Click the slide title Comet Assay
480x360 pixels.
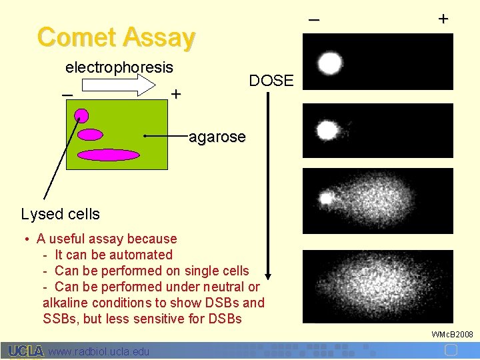coord(117,37)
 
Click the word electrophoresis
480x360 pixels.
coord(119,67)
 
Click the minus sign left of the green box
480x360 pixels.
coord(67,95)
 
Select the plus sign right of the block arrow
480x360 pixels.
coord(175,95)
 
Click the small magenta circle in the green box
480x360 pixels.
coord(81,115)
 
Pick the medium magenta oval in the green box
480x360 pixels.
coord(90,134)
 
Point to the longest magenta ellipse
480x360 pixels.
coord(108,155)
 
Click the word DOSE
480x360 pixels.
coord(271,81)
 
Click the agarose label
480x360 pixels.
coord(217,137)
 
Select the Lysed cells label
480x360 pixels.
coord(60,214)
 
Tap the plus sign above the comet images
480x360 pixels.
coord(443,19)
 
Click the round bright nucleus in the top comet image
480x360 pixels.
coord(329,63)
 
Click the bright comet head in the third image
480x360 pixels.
coord(326,198)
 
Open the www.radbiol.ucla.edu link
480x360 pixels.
coord(99,351)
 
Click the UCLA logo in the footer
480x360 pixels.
coord(25,351)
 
